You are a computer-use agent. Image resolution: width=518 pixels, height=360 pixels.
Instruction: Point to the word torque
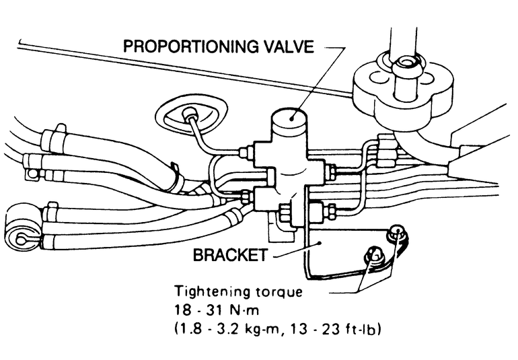coord(283,293)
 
